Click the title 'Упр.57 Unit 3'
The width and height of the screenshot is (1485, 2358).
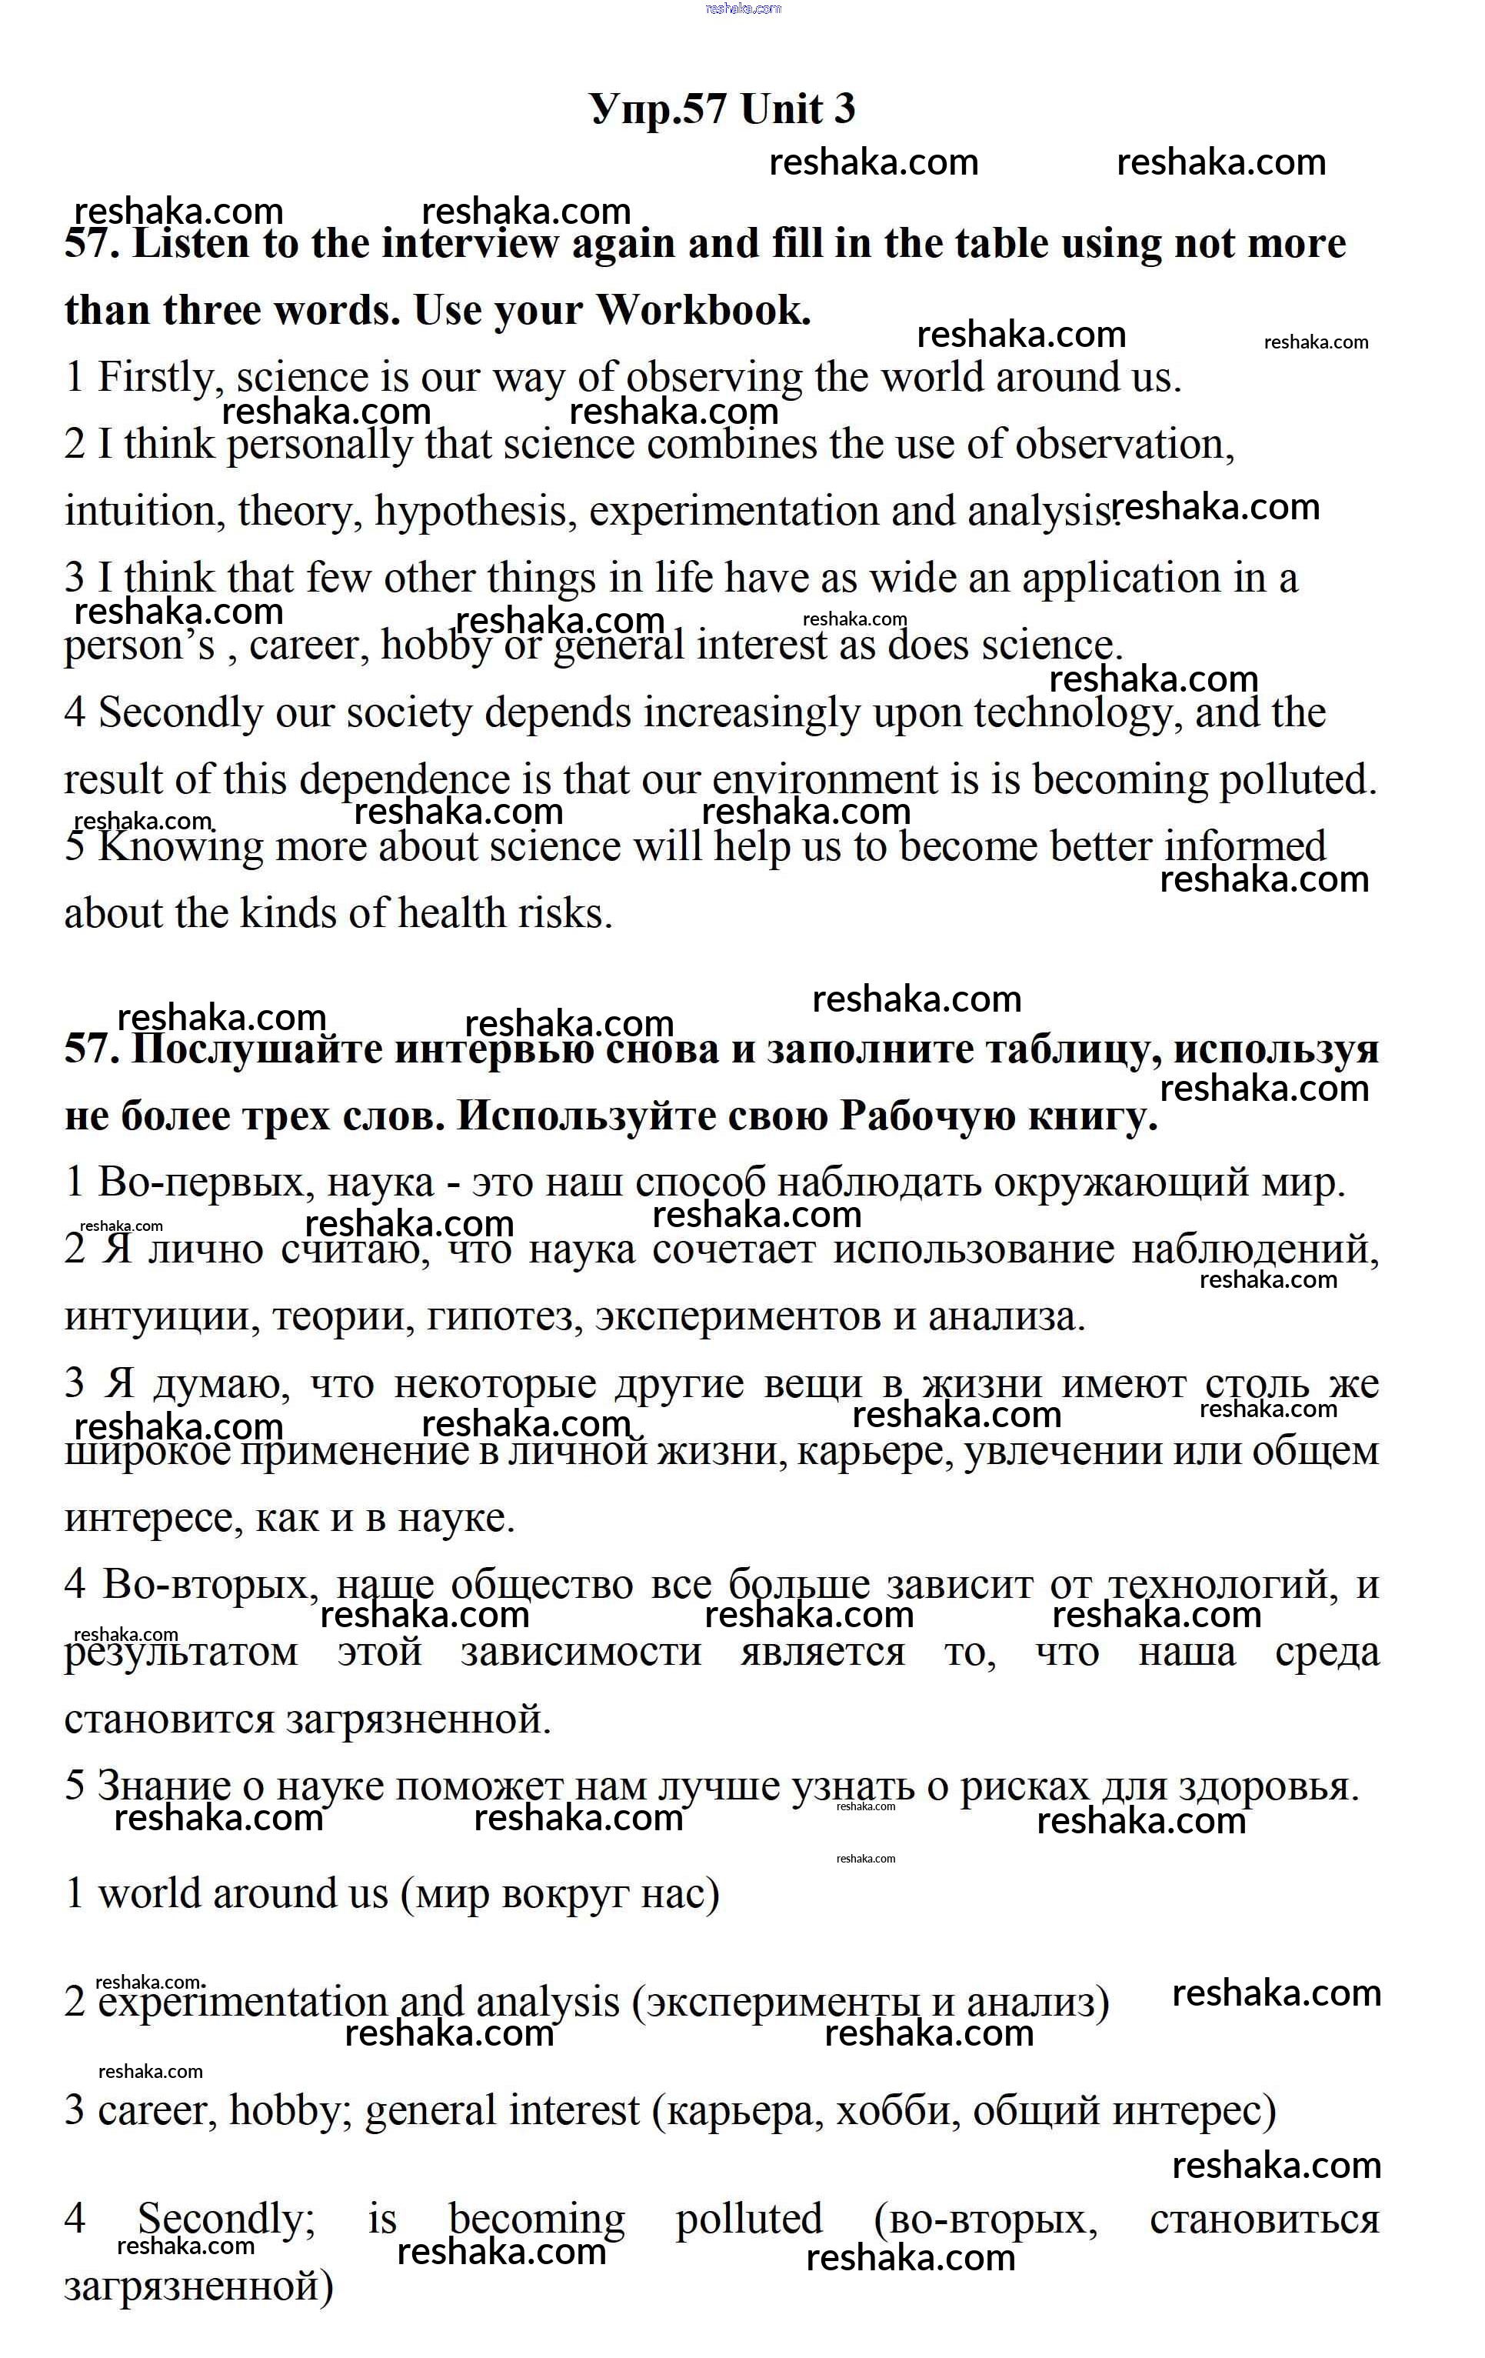(x=722, y=108)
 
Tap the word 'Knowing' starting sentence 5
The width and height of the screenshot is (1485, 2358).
(x=181, y=846)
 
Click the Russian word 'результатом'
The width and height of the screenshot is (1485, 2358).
(x=181, y=1652)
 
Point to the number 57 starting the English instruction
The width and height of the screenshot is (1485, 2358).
(x=90, y=244)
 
